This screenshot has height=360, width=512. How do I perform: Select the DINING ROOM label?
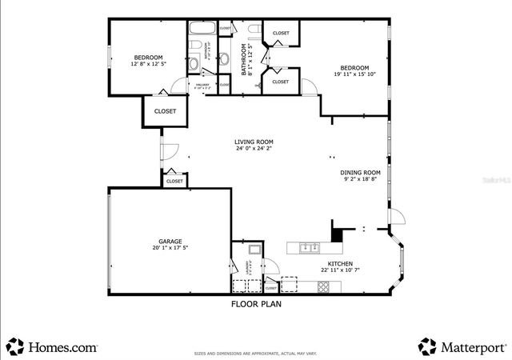click(360, 172)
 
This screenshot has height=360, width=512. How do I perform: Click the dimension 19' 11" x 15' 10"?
click(354, 74)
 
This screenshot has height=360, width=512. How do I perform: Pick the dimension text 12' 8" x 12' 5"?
click(148, 64)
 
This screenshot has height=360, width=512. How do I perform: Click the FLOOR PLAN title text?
click(256, 304)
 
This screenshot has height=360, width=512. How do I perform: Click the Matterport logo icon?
click(427, 346)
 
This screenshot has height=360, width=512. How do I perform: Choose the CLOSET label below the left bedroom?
click(165, 111)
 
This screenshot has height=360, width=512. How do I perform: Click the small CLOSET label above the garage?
click(174, 182)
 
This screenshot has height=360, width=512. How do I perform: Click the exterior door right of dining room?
click(397, 216)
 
